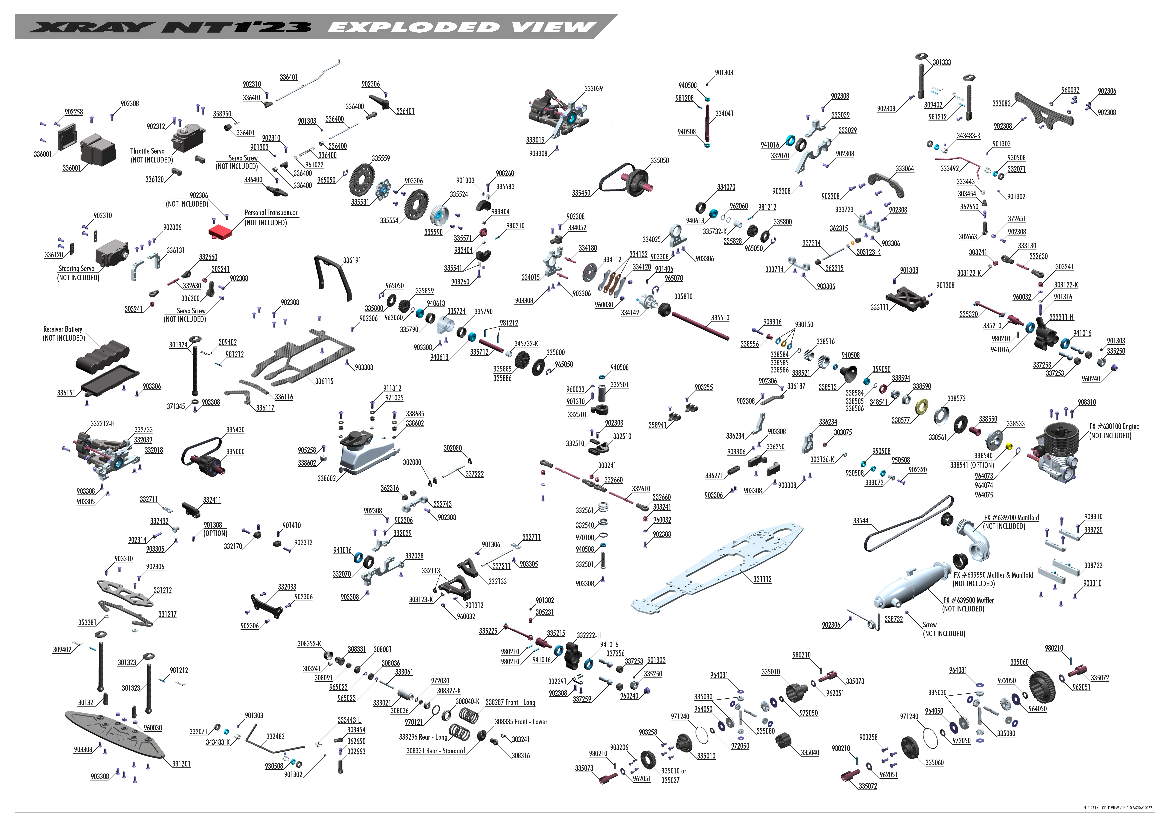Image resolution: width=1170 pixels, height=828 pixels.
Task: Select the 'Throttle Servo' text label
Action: tap(147, 151)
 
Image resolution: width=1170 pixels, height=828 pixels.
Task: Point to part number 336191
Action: tap(352, 261)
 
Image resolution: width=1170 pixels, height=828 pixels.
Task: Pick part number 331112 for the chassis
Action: tap(762, 579)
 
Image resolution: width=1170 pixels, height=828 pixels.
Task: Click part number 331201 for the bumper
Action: tap(181, 764)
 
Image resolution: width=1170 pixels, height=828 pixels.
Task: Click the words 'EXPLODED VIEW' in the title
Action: tap(461, 27)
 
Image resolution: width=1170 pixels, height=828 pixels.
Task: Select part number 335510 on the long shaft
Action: tap(720, 318)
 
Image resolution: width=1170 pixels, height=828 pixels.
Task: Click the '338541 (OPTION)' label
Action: tap(972, 465)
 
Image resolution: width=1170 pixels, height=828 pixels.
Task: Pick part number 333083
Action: tap(1001, 104)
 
